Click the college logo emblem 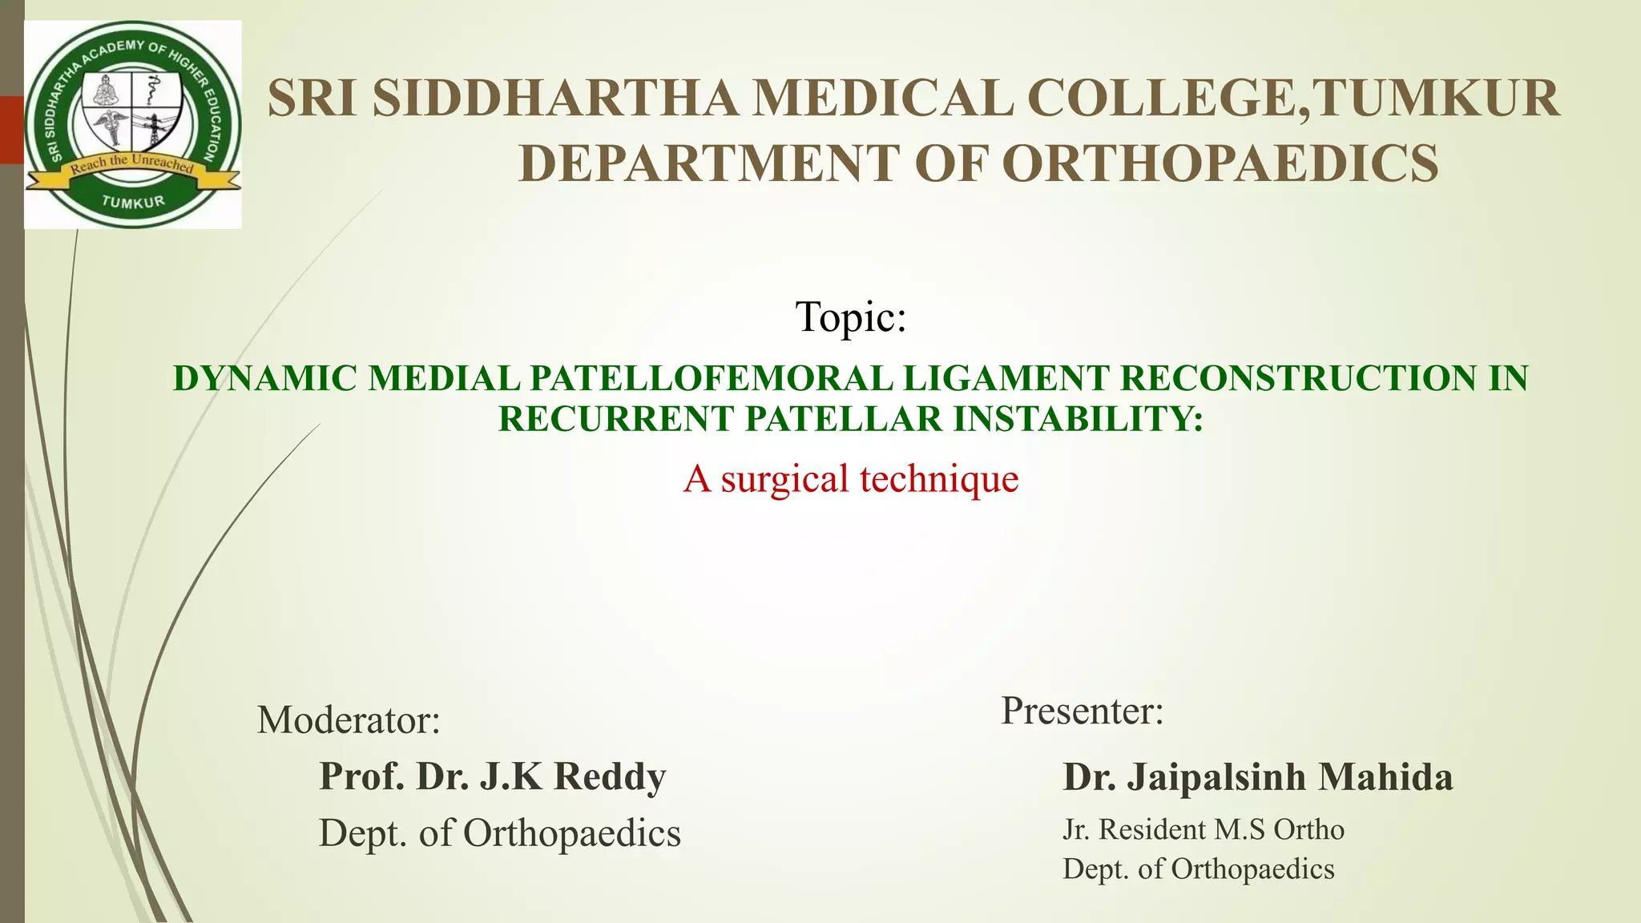[x=133, y=124]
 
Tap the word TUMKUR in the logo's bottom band [x=133, y=202]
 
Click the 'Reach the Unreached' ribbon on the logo [x=132, y=164]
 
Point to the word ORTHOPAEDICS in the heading [x=1220, y=163]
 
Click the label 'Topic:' [x=850, y=316]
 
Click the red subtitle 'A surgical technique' [x=850, y=479]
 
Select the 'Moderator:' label [x=349, y=720]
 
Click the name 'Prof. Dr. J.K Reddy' [x=492, y=776]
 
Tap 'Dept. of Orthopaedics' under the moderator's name [x=500, y=833]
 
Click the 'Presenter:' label [x=1082, y=711]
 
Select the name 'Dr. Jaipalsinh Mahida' [x=1257, y=777]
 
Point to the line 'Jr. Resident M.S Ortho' [x=1203, y=830]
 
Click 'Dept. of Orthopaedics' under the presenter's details [x=1198, y=869]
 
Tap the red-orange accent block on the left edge [x=11, y=130]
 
